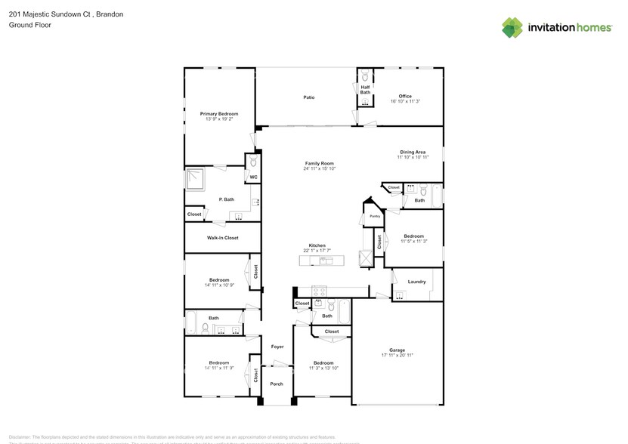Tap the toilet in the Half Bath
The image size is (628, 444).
(364, 76)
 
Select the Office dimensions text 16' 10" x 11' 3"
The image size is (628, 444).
(405, 102)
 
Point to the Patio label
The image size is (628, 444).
(308, 97)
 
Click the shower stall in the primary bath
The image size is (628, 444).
(196, 179)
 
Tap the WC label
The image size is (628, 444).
(253, 177)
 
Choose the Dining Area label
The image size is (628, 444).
(413, 152)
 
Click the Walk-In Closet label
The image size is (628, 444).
(223, 238)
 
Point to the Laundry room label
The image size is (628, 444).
(416, 282)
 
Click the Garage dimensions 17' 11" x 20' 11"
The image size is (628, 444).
(398, 354)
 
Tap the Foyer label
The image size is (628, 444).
(277, 346)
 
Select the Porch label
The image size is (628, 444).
(277, 384)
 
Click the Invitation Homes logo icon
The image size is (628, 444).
(512, 27)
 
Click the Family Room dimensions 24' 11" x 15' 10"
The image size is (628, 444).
(319, 168)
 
